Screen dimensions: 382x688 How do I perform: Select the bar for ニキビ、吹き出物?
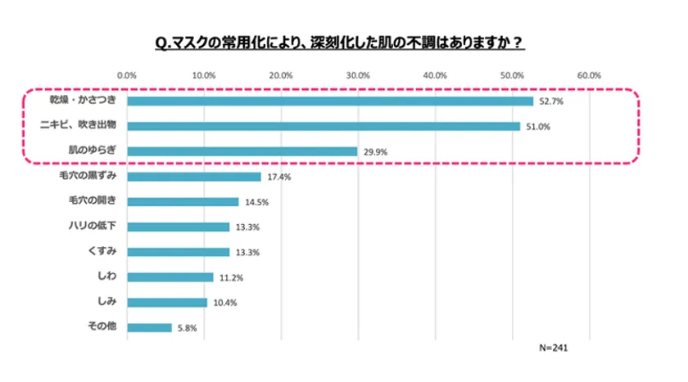pos(324,126)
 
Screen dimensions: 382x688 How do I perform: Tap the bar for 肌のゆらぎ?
pos(242,151)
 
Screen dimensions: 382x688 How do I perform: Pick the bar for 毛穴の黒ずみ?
pos(194,177)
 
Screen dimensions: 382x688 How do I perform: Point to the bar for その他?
pos(149,327)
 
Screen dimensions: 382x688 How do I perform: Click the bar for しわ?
pos(170,277)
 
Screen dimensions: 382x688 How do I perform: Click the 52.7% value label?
pos(550,101)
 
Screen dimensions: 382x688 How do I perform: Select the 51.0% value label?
pos(536,126)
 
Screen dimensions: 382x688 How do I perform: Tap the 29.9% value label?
pos(373,151)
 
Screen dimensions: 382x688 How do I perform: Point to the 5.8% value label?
pos(187,327)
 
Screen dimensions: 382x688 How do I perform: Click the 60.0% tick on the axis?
pos(589,74)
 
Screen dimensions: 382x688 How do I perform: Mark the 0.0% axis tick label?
pos(127,74)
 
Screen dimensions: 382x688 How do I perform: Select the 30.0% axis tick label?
pos(358,74)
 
